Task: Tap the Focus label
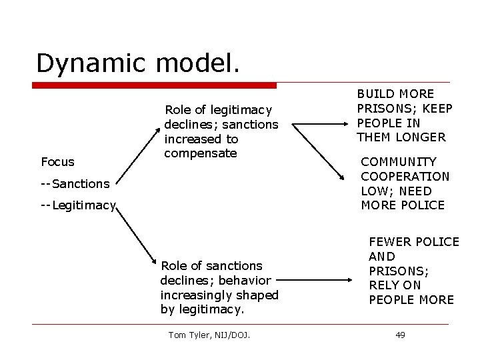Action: [57, 161]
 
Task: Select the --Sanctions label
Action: [75, 183]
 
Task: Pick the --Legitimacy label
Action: [78, 205]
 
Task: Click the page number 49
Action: [400, 335]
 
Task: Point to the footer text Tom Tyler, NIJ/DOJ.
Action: [209, 335]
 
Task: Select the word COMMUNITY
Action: [399, 161]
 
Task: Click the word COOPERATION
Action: [405, 176]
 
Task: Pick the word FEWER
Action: [390, 242]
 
